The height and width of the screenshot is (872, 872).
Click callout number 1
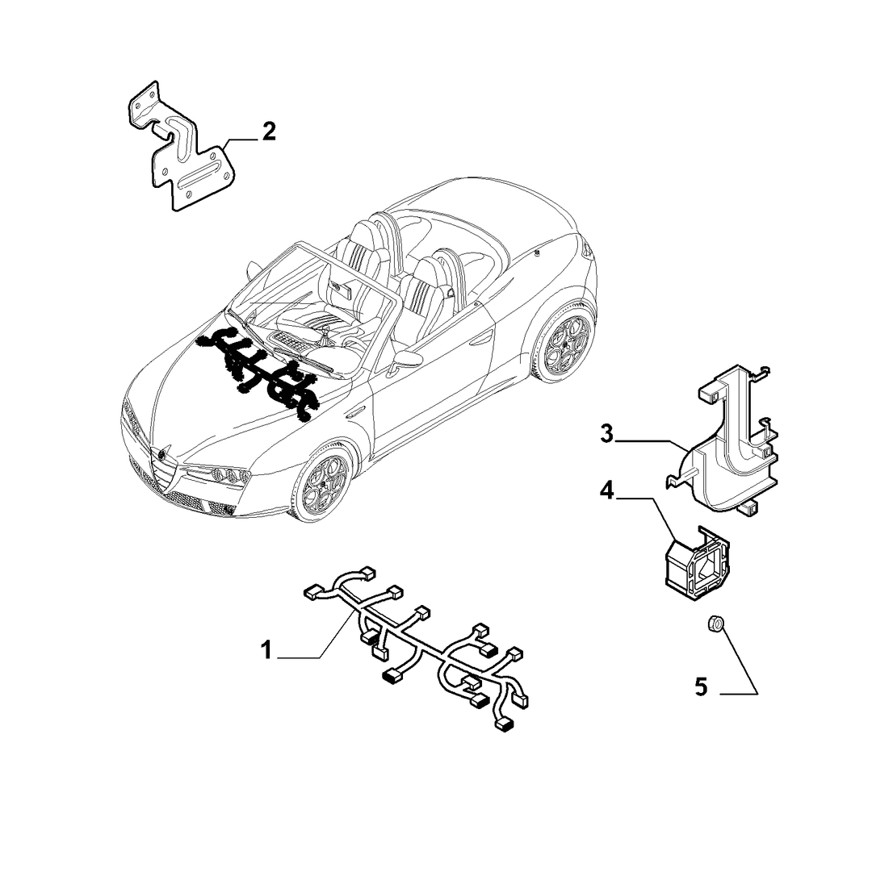pyautogui.click(x=266, y=649)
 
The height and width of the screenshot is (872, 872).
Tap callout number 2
pyautogui.click(x=269, y=131)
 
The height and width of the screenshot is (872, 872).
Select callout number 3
pyautogui.click(x=606, y=433)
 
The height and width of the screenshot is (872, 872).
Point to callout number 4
pyautogui.click(x=606, y=490)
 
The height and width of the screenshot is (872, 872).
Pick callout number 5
pyautogui.click(x=701, y=687)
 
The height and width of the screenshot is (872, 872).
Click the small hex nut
pyautogui.click(x=715, y=624)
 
